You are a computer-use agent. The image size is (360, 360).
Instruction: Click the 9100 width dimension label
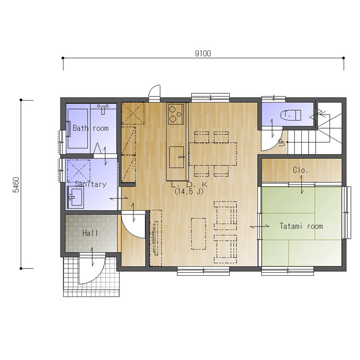[203, 53]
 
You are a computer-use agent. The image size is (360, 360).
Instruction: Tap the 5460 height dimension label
[16, 185]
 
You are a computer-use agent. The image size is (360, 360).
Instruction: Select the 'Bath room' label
[91, 128]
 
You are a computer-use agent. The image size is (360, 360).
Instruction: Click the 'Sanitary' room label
[91, 184]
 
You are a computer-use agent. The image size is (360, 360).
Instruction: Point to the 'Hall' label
[90, 233]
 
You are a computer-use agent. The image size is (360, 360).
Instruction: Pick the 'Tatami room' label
[301, 226]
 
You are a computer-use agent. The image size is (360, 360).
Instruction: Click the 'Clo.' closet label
[300, 170]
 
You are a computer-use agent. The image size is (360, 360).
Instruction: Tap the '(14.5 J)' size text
[188, 192]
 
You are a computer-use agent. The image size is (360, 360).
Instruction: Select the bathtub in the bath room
[78, 128]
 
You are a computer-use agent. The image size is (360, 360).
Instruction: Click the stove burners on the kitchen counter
[176, 113]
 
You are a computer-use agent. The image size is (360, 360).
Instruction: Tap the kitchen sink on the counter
[177, 157]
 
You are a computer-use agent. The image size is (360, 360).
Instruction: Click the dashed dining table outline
[213, 154]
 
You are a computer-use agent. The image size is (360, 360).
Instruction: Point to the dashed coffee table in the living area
[199, 233]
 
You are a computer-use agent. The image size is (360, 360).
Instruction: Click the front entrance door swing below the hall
[92, 268]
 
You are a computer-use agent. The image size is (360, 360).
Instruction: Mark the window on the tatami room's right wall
[347, 213]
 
